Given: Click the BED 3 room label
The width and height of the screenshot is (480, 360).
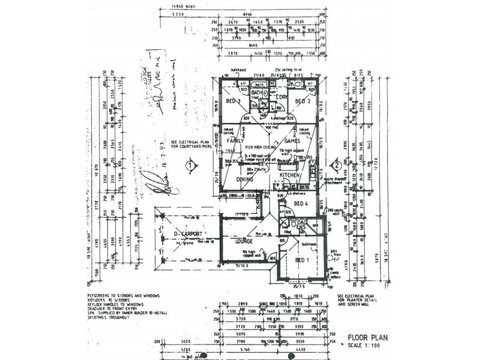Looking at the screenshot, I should pos(233,101).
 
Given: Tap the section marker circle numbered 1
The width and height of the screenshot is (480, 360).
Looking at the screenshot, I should pos(189,163).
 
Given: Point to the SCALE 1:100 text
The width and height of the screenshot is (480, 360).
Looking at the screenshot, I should pos(368,347).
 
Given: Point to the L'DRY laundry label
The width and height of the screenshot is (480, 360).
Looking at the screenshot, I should pos(281,97).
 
